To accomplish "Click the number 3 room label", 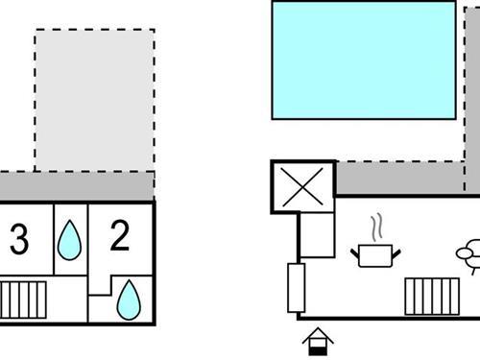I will click(18, 240).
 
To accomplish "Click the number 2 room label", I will click(120, 236).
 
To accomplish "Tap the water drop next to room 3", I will click(69, 241).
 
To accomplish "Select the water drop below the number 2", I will click(128, 300).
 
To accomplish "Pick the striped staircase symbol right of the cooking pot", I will click(431, 297).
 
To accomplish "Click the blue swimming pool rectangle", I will click(363, 60).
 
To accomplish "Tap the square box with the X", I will click(303, 186).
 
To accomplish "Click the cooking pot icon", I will click(375, 255).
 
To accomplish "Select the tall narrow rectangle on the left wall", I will click(296, 287).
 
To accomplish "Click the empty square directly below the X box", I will click(317, 235).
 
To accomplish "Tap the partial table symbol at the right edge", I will click(469, 255).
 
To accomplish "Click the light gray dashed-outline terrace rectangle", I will click(94, 100).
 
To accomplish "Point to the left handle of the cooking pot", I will click(355, 252).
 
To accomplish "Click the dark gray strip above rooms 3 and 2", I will click(77, 185).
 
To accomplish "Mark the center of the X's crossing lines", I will click(303, 186).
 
